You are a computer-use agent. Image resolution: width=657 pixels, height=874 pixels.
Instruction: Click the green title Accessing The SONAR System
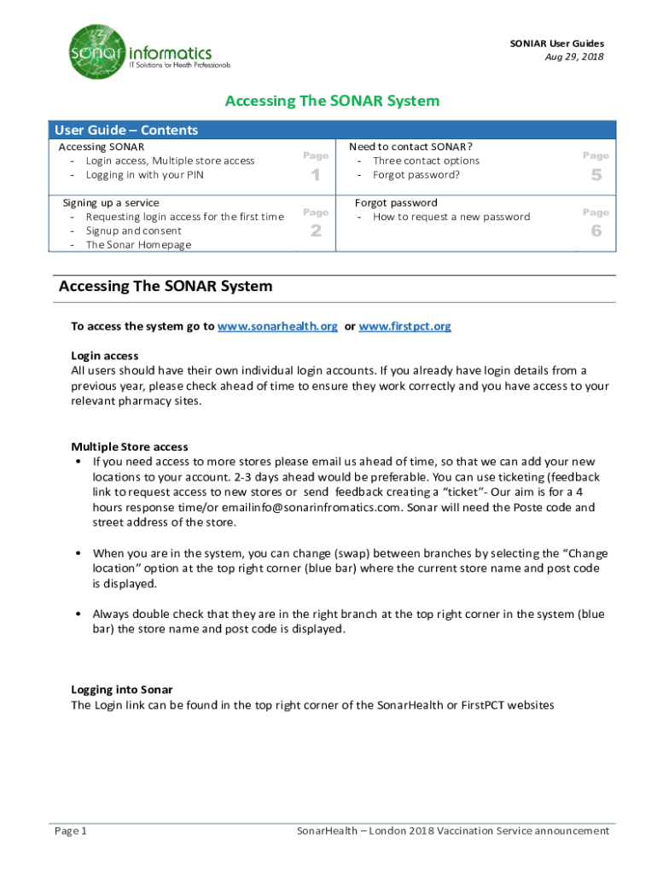332,101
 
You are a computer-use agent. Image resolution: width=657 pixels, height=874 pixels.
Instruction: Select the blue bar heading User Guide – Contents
126,130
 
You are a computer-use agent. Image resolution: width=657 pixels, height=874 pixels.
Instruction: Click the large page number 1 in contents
316,175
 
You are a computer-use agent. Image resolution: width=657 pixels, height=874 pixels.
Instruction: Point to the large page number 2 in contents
316,231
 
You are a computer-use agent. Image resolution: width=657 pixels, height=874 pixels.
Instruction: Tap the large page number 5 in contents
596,175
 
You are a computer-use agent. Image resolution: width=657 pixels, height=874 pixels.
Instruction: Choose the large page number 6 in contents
596,231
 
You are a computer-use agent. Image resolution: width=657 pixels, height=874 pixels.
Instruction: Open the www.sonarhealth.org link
277,326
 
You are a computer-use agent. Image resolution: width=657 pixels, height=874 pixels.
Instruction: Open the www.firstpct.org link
405,326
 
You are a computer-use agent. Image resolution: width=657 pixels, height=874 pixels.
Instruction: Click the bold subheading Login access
104,355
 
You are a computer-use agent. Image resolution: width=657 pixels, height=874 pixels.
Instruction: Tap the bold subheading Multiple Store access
130,446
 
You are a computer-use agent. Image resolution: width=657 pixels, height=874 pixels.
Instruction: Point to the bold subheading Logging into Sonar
122,689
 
